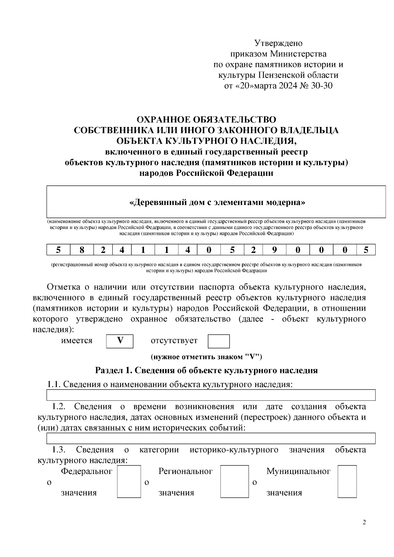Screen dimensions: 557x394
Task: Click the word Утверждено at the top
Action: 278,43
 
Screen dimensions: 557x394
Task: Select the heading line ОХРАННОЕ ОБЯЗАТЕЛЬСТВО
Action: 206,119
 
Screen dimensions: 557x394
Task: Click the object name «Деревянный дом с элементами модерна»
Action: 217,202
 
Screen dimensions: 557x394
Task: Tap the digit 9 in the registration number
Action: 274,250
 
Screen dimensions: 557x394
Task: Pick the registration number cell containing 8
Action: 82,250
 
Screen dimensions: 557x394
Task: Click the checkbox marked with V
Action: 120,341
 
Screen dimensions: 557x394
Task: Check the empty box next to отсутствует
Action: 218,341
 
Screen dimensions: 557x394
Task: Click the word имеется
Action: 77,340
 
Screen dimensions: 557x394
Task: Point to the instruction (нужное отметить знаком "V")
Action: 206,357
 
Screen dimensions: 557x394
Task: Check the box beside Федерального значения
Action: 129,481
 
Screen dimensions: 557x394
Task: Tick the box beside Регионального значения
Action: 234,481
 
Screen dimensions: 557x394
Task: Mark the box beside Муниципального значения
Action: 347,481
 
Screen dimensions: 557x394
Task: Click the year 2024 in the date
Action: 288,86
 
